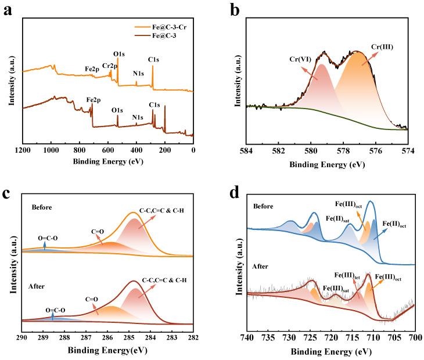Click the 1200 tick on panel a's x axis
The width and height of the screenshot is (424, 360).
point(23,148)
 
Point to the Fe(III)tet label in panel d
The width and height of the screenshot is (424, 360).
point(350,275)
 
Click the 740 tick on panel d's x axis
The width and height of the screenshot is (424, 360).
point(247,337)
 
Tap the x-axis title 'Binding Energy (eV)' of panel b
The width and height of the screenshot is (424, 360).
point(328,164)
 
